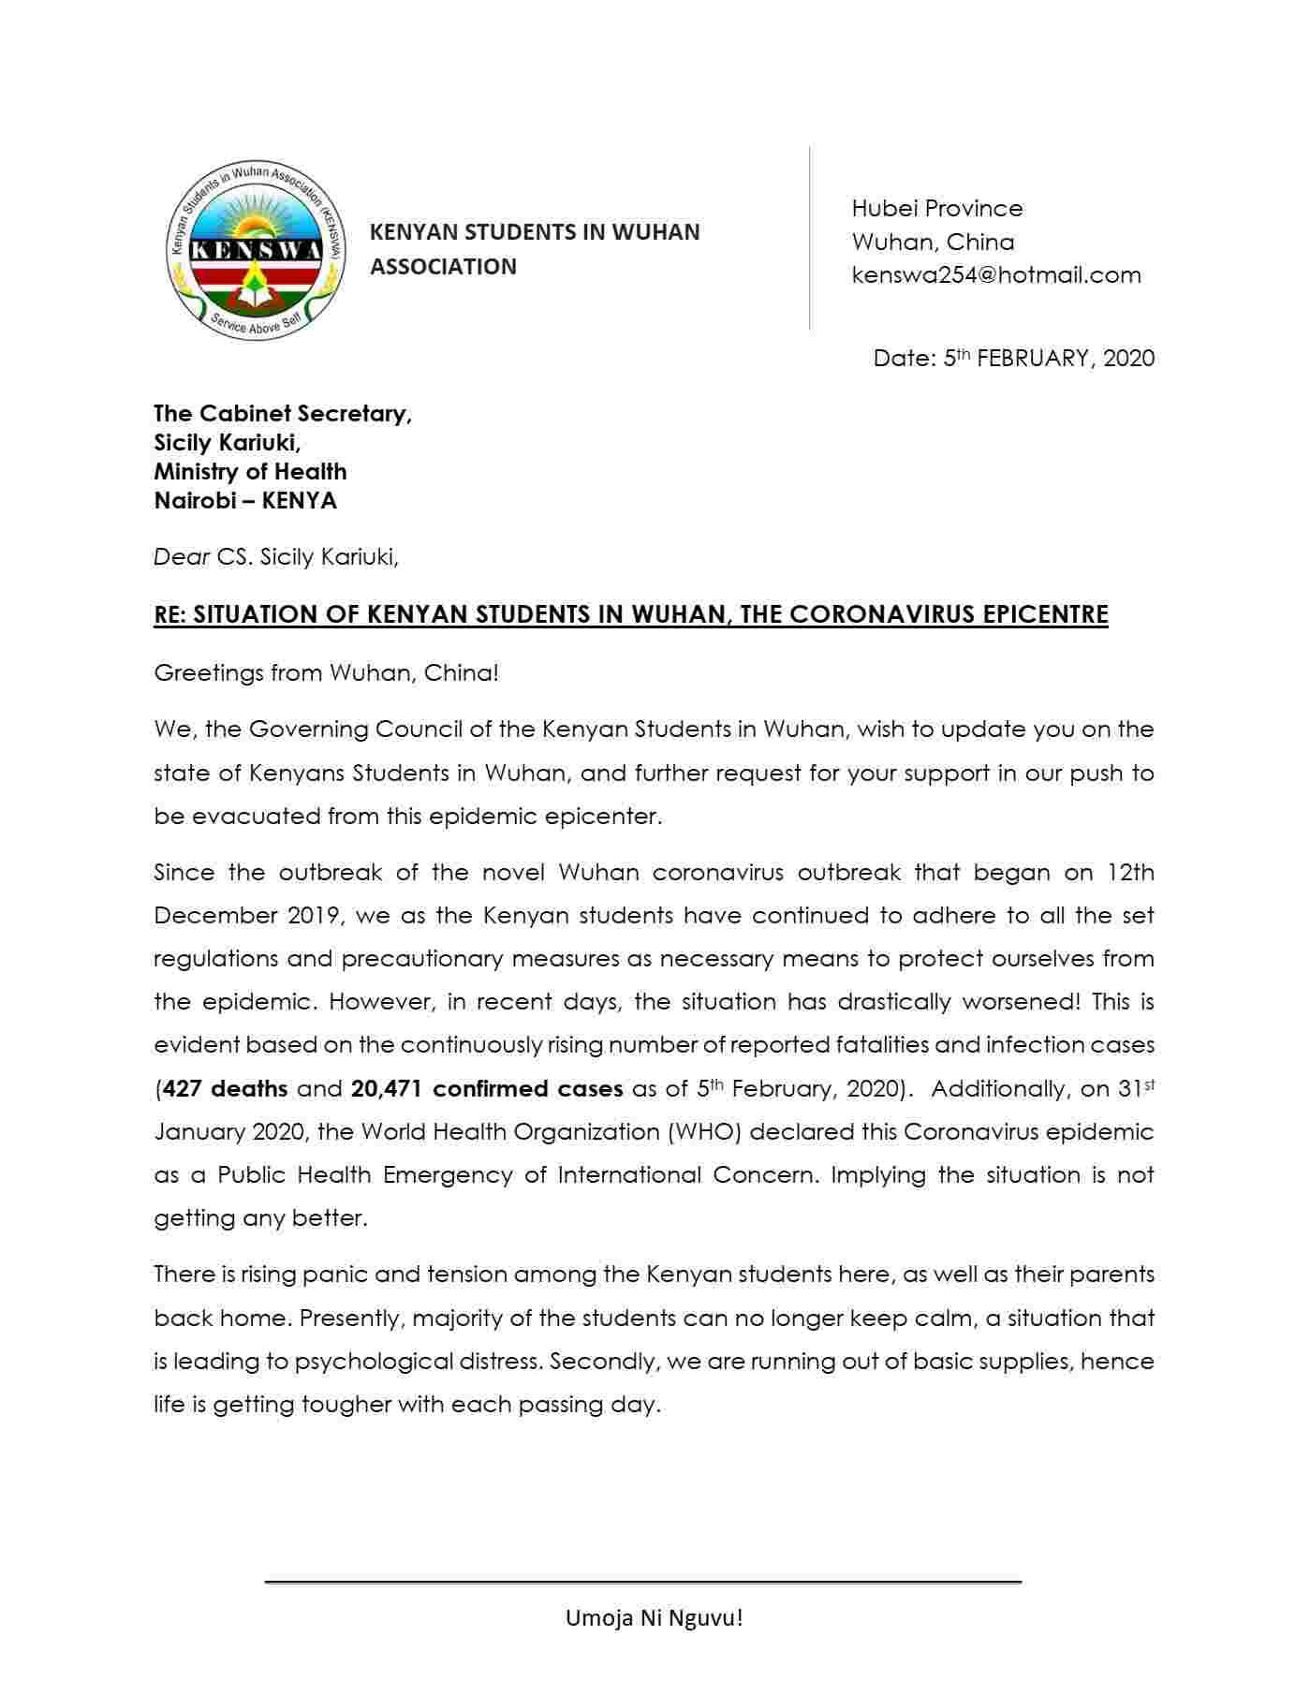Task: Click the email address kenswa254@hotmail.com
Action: [995, 275]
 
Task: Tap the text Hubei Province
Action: [936, 208]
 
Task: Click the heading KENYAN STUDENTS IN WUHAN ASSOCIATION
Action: [535, 249]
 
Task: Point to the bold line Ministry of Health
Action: [250, 472]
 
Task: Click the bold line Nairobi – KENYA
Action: [245, 501]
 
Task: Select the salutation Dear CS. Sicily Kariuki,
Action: [276, 557]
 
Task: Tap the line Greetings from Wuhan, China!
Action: [326, 673]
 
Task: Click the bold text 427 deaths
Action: [225, 1089]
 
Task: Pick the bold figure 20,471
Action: [387, 1089]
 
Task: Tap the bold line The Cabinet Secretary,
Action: [283, 414]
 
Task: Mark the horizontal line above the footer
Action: [642, 1582]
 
